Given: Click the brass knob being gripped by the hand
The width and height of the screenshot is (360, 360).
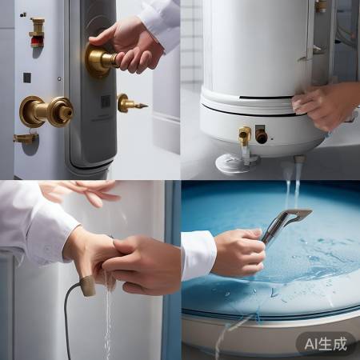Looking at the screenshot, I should (101, 61).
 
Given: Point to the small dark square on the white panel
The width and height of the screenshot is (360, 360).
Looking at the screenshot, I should (26, 78).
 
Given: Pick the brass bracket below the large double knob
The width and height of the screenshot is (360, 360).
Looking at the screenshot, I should (25, 138).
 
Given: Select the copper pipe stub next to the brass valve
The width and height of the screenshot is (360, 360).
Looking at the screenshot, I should (262, 136).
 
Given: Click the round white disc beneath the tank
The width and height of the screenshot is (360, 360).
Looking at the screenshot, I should (235, 163).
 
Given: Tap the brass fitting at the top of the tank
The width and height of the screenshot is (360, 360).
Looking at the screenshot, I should (321, 6).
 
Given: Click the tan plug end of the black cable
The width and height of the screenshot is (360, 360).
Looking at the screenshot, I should (87, 286).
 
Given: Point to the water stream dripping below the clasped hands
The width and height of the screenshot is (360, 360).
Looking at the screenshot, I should (107, 320).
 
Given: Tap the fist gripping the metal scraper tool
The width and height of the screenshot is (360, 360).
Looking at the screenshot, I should (239, 252).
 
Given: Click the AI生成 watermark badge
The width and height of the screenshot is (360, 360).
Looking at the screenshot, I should (326, 343).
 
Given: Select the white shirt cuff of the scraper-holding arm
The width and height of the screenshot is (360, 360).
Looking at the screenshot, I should (198, 254).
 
